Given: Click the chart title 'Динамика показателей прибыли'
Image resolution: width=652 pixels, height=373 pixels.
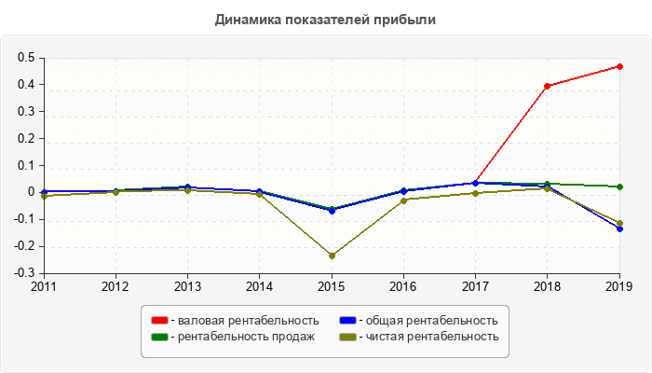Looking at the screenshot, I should [325, 19].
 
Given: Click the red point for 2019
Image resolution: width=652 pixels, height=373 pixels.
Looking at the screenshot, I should [619, 66].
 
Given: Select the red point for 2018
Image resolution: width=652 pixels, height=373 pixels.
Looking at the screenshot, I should [548, 86].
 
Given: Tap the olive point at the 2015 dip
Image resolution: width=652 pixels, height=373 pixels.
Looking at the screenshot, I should [332, 256].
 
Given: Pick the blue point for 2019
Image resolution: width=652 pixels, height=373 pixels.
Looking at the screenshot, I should [619, 228].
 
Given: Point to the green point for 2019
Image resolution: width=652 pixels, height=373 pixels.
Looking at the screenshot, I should [619, 186].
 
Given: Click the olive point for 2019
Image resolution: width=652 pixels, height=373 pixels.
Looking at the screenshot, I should [619, 223].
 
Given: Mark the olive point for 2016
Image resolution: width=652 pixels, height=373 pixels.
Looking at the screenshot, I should [403, 200].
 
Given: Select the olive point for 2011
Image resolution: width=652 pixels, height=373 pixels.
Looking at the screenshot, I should [44, 196].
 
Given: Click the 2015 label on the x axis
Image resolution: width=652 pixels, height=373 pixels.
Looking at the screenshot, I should [332, 286].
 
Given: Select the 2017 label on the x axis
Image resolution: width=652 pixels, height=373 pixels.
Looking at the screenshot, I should [475, 286].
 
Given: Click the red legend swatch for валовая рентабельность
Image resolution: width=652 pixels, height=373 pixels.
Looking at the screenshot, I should [159, 321].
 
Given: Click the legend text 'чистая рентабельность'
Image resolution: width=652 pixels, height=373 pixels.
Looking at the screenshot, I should [432, 337].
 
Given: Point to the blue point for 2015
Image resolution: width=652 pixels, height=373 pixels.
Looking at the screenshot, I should [332, 210].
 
